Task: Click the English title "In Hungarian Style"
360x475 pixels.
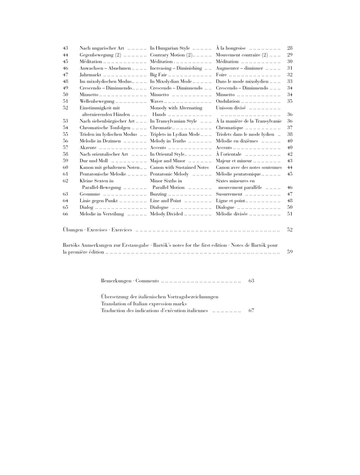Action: (170, 48)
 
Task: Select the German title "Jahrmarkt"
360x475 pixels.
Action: (90, 75)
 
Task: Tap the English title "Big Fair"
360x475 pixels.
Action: (159, 75)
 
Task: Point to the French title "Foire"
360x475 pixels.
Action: (221, 75)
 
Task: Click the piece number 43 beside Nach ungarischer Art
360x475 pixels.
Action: (65, 48)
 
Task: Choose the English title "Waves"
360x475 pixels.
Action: (156, 101)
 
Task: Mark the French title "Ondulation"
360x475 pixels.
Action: (227, 101)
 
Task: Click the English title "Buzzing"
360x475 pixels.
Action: (158, 194)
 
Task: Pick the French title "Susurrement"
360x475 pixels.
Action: (229, 194)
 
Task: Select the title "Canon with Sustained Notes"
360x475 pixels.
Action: (179, 168)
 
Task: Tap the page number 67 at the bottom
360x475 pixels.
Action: (251, 311)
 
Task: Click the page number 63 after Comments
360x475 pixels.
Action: (251, 281)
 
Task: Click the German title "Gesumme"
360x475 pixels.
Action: (90, 194)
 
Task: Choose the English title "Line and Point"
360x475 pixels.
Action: (166, 201)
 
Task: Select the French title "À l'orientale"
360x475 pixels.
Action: (229, 154)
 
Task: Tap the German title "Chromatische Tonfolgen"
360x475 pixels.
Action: (105, 128)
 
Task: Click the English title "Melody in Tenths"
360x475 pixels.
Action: (168, 141)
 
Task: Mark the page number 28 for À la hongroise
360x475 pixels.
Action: (290, 48)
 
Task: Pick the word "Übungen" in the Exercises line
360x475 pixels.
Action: (73, 230)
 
